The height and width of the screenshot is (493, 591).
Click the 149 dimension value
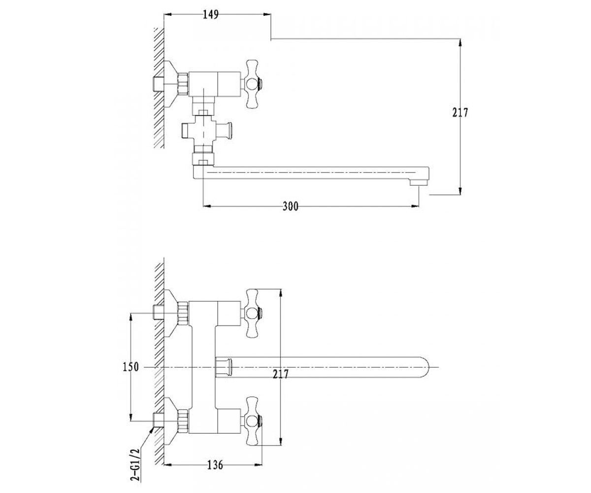click(211, 15)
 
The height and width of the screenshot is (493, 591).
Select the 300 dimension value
click(291, 206)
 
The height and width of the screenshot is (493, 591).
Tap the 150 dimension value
click(131, 367)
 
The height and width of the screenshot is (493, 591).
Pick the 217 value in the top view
click(460, 113)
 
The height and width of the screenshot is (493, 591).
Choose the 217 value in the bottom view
click(281, 374)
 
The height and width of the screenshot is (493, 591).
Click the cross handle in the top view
click(253, 84)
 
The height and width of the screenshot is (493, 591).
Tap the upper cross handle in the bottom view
click(253, 314)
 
